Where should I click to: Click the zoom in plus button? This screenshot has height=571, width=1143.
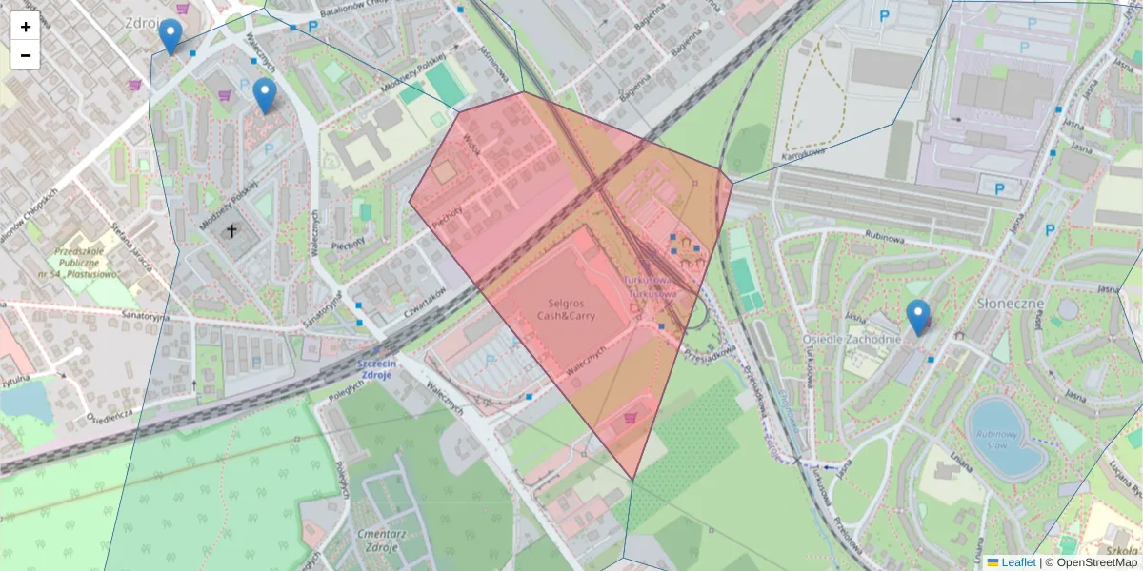click(26, 27)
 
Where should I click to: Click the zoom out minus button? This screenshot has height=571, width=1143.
click(26, 55)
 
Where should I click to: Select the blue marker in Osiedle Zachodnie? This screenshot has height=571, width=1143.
click(918, 317)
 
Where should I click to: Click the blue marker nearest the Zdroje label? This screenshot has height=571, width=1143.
click(170, 36)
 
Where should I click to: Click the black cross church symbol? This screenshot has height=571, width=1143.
click(231, 230)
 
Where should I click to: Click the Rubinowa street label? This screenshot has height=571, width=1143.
click(885, 239)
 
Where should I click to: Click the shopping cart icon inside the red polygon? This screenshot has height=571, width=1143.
click(630, 416)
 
